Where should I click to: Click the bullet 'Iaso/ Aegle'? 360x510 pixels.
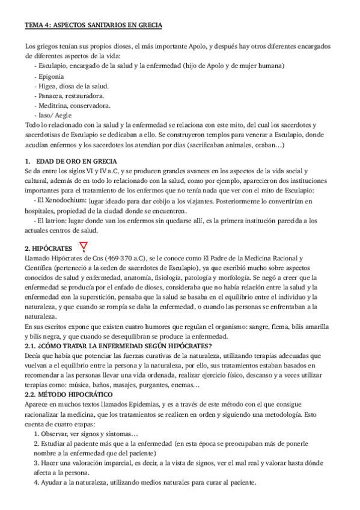57,115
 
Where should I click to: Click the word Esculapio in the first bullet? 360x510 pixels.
55,67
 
